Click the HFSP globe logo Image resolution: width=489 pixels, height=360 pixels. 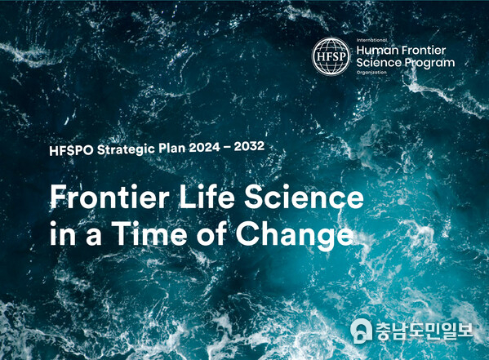(x=331, y=56)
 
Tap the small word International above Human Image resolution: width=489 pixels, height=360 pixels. (x=371, y=40)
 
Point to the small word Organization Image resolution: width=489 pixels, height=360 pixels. (x=371, y=73)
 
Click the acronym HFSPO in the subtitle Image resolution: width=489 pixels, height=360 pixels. (x=71, y=150)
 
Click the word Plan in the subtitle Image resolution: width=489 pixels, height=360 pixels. (x=171, y=149)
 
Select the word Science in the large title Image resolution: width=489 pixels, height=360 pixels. (x=304, y=197)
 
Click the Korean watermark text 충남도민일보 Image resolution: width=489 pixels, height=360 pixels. (x=425, y=331)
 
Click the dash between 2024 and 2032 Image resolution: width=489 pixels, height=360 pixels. (x=227, y=146)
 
